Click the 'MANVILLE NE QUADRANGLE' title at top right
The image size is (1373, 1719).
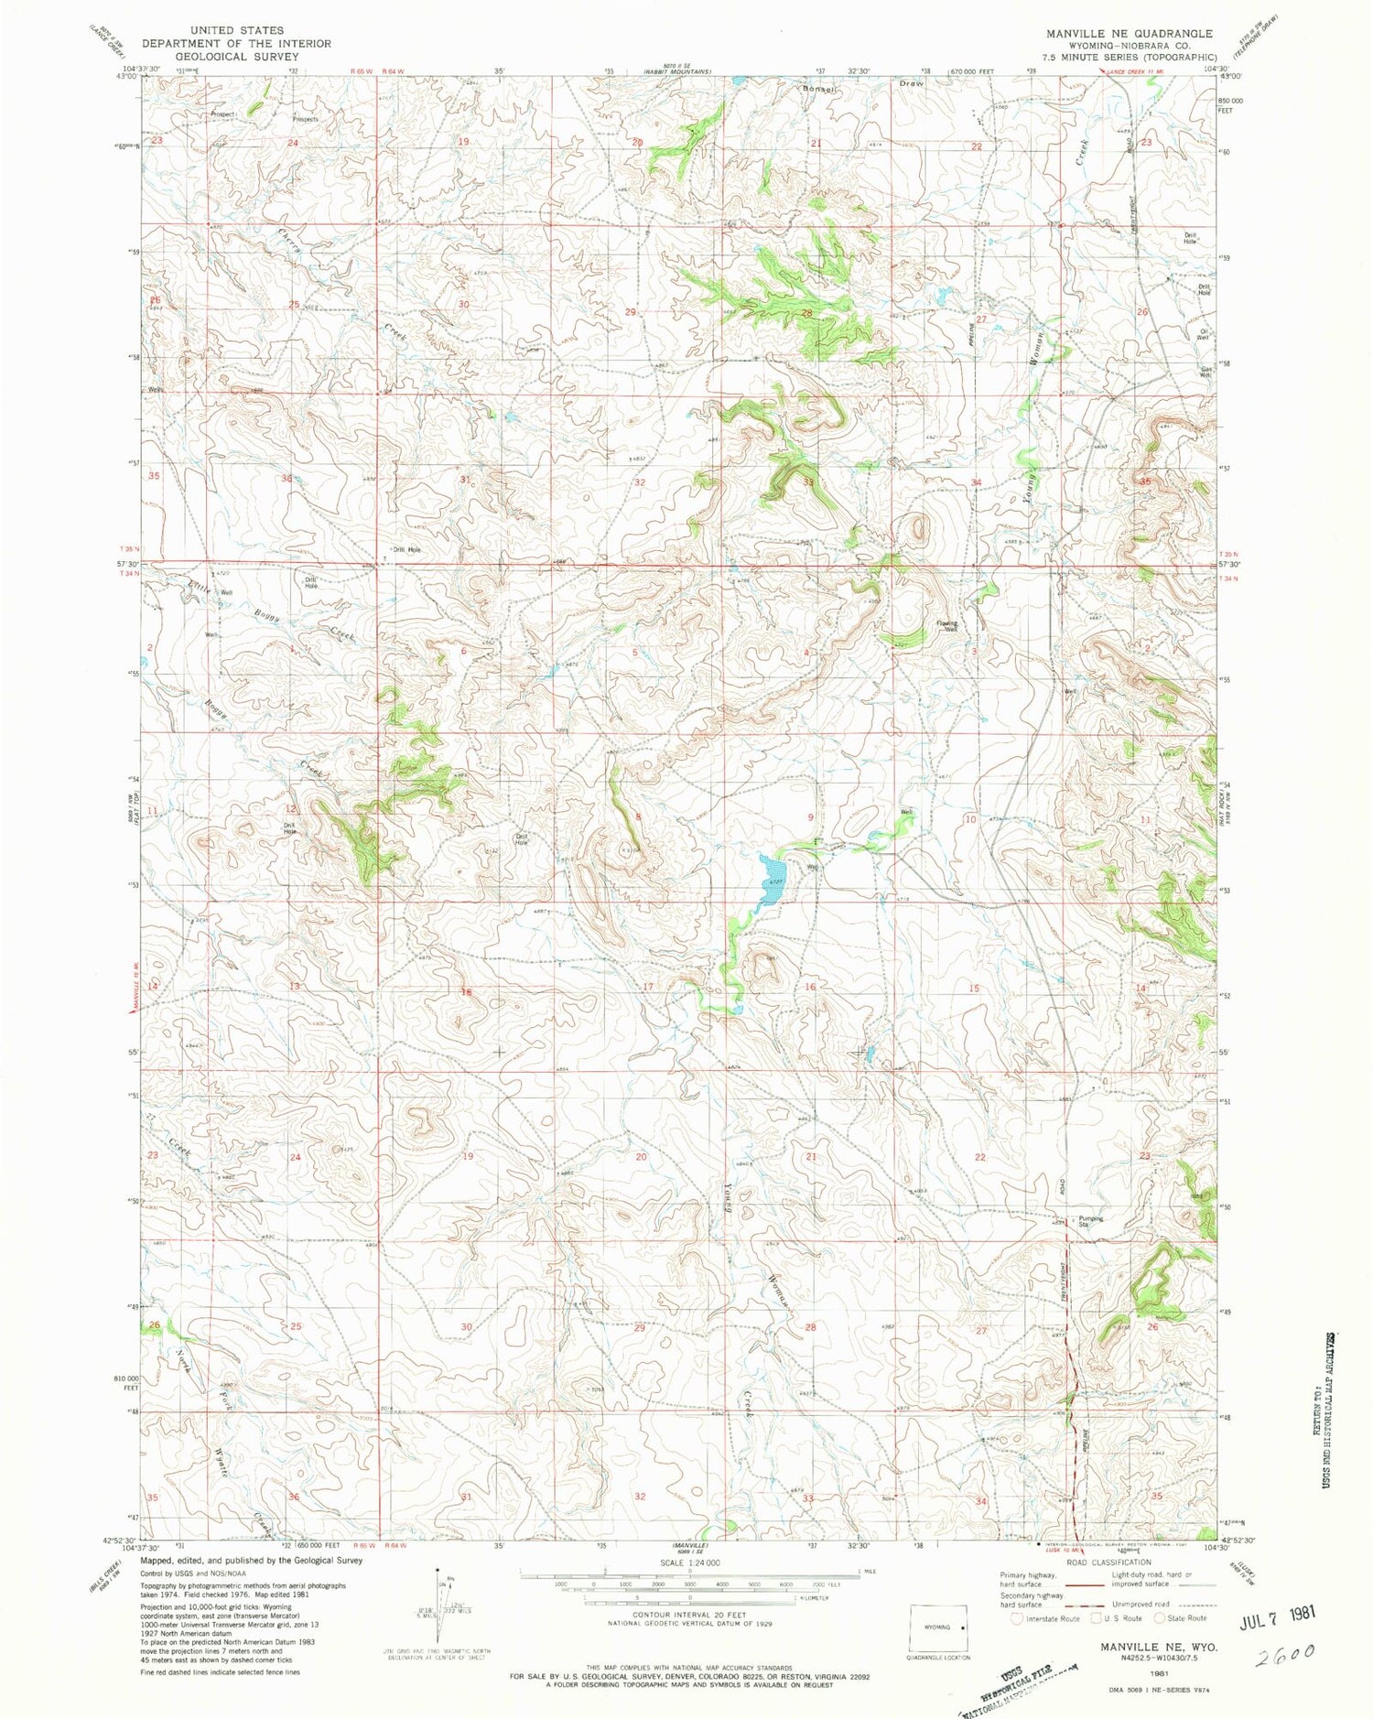[1130, 33]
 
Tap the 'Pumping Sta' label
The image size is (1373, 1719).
[1090, 1221]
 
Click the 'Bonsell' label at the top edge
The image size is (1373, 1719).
[819, 89]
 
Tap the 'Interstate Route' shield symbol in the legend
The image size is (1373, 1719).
[1017, 1617]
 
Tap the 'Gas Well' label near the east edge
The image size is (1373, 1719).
[1205, 373]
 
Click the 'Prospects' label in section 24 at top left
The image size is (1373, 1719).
[305, 119]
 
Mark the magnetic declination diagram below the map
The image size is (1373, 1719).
[446, 1609]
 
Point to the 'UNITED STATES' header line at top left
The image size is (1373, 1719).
[225, 30]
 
